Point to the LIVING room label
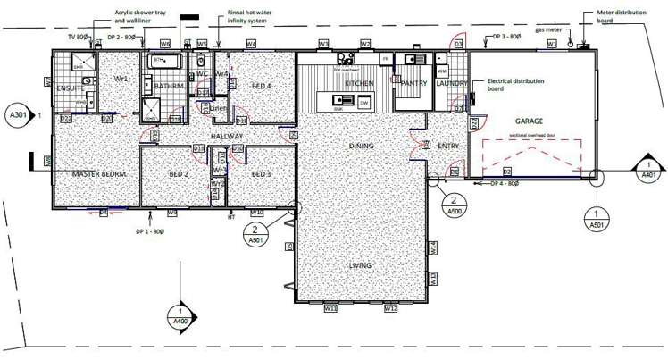(x=360, y=265)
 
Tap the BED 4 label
(x=261, y=86)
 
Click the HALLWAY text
(x=228, y=136)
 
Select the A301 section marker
(x=16, y=115)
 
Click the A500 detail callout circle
(x=454, y=205)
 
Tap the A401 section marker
(x=647, y=171)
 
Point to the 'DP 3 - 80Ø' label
(x=507, y=38)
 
